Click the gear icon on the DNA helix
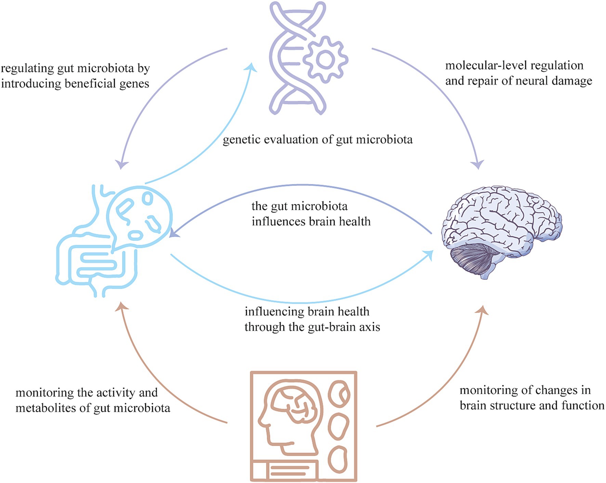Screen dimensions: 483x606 click(325, 60)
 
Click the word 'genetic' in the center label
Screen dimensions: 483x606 click(241, 140)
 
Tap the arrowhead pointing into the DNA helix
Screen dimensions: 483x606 click(252, 67)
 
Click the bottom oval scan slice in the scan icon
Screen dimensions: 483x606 click(338, 458)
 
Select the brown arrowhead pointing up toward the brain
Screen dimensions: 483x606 click(483, 309)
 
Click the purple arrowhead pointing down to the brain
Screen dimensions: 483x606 click(478, 165)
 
